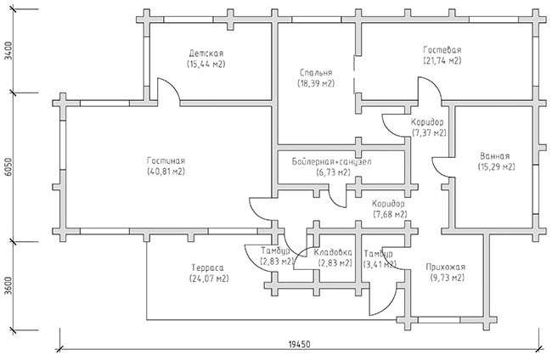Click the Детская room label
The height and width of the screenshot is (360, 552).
point(206,53)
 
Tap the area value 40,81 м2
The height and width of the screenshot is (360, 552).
point(166,172)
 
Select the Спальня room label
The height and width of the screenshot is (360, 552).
point(316,73)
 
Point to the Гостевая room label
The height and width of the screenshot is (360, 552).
point(442,49)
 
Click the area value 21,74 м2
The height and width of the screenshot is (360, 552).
point(442,60)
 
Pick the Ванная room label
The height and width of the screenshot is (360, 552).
point(494,156)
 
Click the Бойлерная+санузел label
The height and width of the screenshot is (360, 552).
point(331,162)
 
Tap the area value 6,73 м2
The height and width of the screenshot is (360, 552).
point(334,172)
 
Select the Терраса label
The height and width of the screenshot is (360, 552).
point(207,267)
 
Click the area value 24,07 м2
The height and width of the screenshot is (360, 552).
point(209,278)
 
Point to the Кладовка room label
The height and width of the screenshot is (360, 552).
point(333,252)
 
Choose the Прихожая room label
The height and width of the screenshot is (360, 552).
point(445,267)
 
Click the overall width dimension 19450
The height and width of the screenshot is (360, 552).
point(299,344)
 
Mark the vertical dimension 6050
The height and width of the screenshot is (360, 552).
point(8,167)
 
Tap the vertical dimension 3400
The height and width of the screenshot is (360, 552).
point(8,52)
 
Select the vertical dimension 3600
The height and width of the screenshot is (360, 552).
point(8,286)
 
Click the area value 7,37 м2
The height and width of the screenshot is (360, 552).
point(429,133)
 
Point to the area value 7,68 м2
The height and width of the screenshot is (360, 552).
point(390,214)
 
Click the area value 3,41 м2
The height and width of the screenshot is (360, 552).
point(380,263)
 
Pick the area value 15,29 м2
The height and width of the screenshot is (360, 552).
point(497,166)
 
